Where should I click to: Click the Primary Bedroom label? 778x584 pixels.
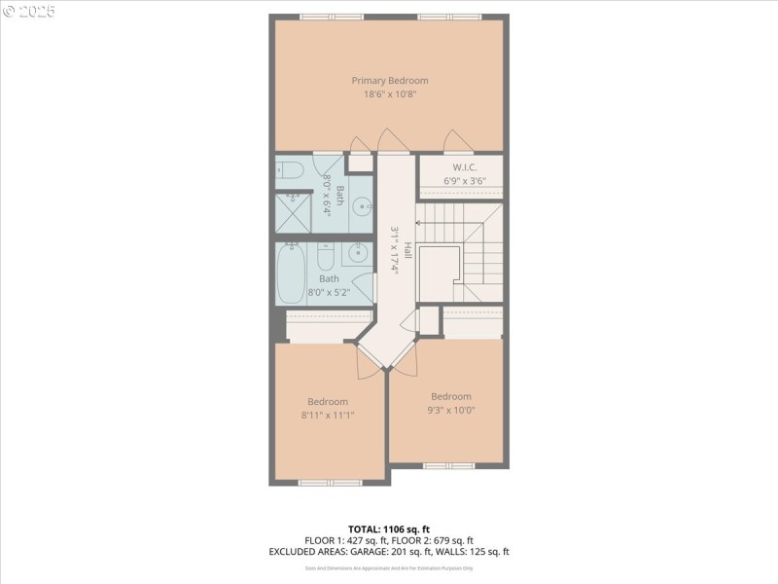click(x=389, y=81)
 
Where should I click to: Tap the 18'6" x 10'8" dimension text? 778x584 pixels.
click(x=389, y=94)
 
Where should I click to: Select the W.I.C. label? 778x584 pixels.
click(x=461, y=166)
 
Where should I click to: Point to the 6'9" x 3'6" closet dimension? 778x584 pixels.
click(x=461, y=180)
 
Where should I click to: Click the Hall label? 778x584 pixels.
click(x=408, y=251)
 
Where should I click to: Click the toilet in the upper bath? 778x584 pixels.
click(x=288, y=171)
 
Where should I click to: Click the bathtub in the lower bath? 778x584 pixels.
click(x=292, y=274)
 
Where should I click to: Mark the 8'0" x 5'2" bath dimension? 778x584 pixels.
click(x=330, y=292)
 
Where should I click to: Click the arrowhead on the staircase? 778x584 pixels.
click(x=418, y=223)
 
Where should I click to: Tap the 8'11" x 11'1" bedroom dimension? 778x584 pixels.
click(x=329, y=414)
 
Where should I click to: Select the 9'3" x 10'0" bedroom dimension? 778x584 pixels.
click(x=451, y=410)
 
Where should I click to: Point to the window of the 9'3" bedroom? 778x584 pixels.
click(x=449, y=465)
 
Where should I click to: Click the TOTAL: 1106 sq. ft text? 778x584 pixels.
click(x=388, y=529)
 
